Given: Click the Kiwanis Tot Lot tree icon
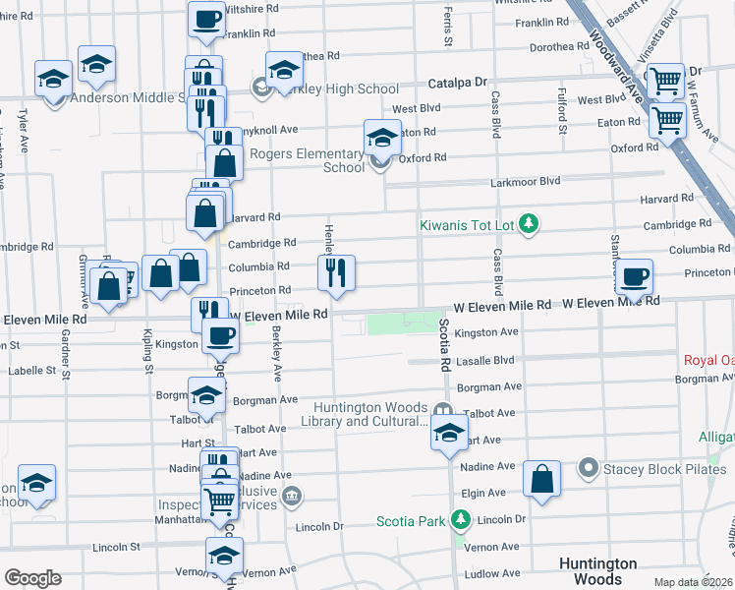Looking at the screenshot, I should pos(530,225).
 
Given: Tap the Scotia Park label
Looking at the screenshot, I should pos(411,520).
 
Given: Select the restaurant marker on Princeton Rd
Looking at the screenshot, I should pos(336,272).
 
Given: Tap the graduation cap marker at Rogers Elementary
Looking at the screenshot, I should pos(382,138).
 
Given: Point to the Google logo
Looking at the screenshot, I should pos(32,578).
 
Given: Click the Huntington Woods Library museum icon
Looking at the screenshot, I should pos(443,410).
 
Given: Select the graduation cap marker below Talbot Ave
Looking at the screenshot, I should pos(449,434).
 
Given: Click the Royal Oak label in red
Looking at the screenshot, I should pos(708,360).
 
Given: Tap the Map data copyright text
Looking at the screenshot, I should pos(694,582).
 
